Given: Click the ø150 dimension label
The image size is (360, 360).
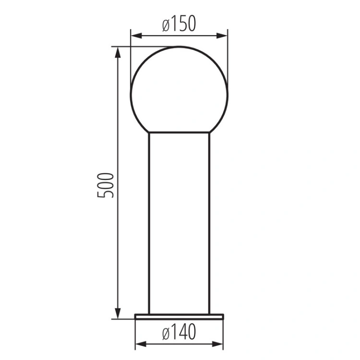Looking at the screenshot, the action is point(179,24).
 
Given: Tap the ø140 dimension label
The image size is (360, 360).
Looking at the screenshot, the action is point(179,332).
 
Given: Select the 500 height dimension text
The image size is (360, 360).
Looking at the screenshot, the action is point(106,185).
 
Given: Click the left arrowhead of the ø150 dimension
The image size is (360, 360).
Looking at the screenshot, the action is point(136,36).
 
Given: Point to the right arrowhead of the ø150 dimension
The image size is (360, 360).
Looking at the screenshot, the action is point(222,36).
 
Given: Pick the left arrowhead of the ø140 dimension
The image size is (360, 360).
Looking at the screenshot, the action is point(141,344).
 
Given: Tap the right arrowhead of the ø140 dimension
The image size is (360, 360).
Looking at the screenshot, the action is point(217,344).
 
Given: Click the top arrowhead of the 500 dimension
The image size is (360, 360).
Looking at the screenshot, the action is point(118,52).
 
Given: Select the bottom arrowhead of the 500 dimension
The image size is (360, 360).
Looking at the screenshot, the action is point(118,313).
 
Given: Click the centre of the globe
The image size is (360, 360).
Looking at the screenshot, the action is point(179,95).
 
